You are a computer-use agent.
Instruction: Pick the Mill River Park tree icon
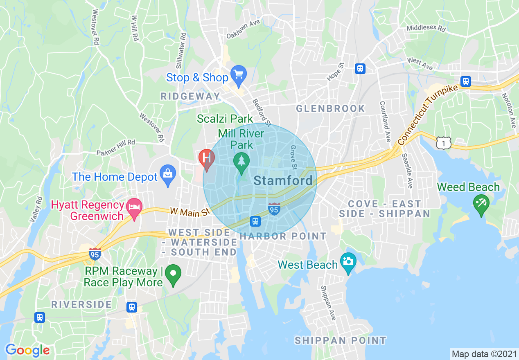point(241,160)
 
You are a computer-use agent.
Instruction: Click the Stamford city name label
point(283,180)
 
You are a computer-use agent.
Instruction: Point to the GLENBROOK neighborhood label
point(330,108)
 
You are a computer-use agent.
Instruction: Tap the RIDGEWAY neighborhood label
point(190,97)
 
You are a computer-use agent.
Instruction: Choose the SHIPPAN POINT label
point(340,340)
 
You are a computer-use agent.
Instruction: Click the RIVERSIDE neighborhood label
point(82,304)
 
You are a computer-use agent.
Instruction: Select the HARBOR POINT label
point(283,236)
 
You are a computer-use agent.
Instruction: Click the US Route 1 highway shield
point(444,143)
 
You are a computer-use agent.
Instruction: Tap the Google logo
point(27,350)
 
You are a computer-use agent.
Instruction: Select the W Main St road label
point(190,211)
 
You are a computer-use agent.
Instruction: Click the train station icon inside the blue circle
point(255,221)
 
